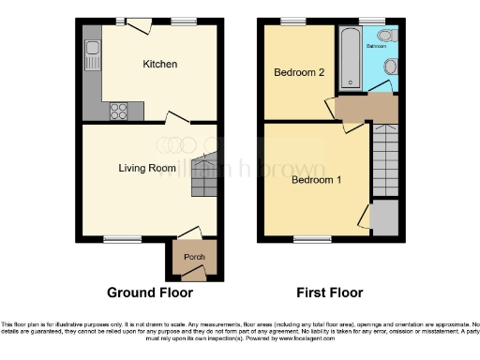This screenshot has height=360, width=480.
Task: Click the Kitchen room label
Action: click(x=159, y=65)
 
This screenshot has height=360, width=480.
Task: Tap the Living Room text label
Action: click(x=147, y=169)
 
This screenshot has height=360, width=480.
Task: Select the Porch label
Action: click(x=193, y=257)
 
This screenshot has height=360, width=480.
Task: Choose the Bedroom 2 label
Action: click(x=298, y=72)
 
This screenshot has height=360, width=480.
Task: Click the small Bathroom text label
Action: click(x=377, y=45)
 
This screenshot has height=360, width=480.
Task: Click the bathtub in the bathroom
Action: click(x=348, y=56)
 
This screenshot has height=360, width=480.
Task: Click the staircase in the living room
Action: click(x=203, y=176)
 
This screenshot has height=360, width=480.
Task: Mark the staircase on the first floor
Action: click(x=385, y=159)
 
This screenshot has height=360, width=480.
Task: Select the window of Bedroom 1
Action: click(x=307, y=239)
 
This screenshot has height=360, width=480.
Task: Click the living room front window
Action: click(x=117, y=239)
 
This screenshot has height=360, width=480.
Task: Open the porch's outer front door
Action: click(x=193, y=275)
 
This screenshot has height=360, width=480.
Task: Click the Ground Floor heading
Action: click(x=142, y=292)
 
